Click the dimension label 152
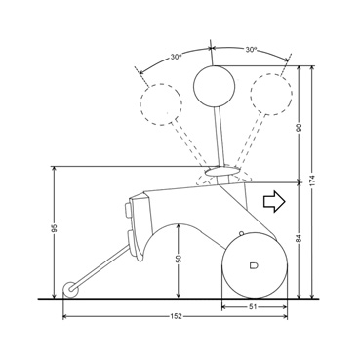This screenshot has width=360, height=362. [176, 316]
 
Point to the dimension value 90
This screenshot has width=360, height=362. [300, 127]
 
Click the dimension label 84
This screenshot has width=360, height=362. [300, 239]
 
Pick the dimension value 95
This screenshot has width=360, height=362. [55, 228]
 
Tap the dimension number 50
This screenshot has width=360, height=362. [179, 259]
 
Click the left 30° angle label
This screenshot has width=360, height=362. [176, 57]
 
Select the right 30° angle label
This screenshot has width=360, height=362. [251, 50]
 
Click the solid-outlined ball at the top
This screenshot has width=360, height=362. [214, 86]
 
